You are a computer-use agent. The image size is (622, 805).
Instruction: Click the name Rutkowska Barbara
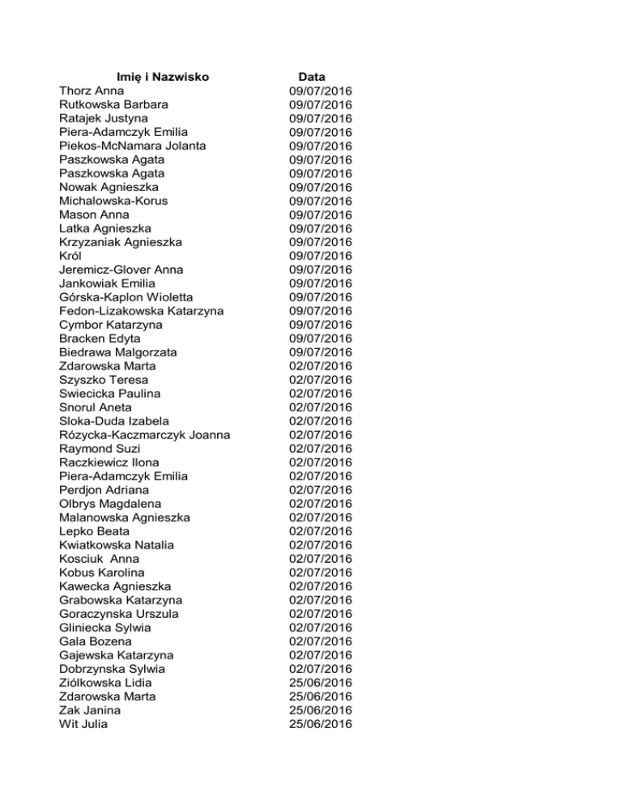114,104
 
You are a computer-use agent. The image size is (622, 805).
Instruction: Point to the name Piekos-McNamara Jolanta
133,146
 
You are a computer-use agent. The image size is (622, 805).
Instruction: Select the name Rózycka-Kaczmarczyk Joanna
144,435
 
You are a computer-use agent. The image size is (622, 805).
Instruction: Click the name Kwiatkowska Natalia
117,545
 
